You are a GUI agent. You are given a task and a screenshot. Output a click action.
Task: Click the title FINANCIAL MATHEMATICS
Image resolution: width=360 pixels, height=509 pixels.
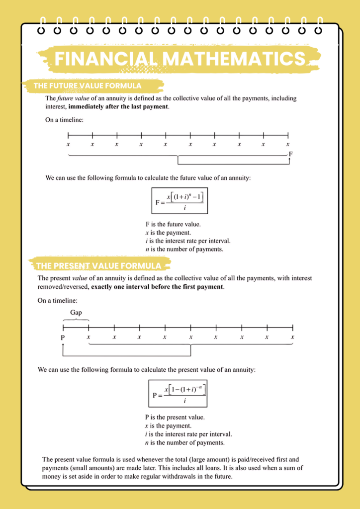click(180, 59)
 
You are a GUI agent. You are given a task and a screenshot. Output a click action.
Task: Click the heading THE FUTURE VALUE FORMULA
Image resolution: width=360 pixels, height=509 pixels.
click(88, 86)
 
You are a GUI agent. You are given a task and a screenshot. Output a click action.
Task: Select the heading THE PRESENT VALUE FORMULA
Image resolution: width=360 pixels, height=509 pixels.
click(98, 265)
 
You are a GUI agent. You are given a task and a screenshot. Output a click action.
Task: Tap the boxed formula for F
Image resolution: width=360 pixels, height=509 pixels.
click(180, 200)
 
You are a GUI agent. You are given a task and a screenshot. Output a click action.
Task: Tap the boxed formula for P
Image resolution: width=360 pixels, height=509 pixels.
click(178, 393)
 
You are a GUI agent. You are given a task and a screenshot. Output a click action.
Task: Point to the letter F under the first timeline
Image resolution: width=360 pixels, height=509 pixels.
click(291, 154)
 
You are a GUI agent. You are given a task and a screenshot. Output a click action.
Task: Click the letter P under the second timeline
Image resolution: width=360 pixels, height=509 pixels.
click(63, 338)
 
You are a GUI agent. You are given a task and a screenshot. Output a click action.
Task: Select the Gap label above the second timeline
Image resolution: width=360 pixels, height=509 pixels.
click(76, 313)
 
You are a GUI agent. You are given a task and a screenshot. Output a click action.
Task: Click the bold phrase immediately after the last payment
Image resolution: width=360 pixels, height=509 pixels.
click(118, 106)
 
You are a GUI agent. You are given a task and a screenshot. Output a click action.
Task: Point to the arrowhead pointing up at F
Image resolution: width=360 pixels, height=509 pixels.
click(288, 155)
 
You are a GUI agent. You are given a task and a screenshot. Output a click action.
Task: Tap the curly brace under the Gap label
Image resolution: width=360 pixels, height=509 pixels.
click(76, 320)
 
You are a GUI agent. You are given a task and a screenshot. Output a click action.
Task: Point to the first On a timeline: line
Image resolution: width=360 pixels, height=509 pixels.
click(65, 120)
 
